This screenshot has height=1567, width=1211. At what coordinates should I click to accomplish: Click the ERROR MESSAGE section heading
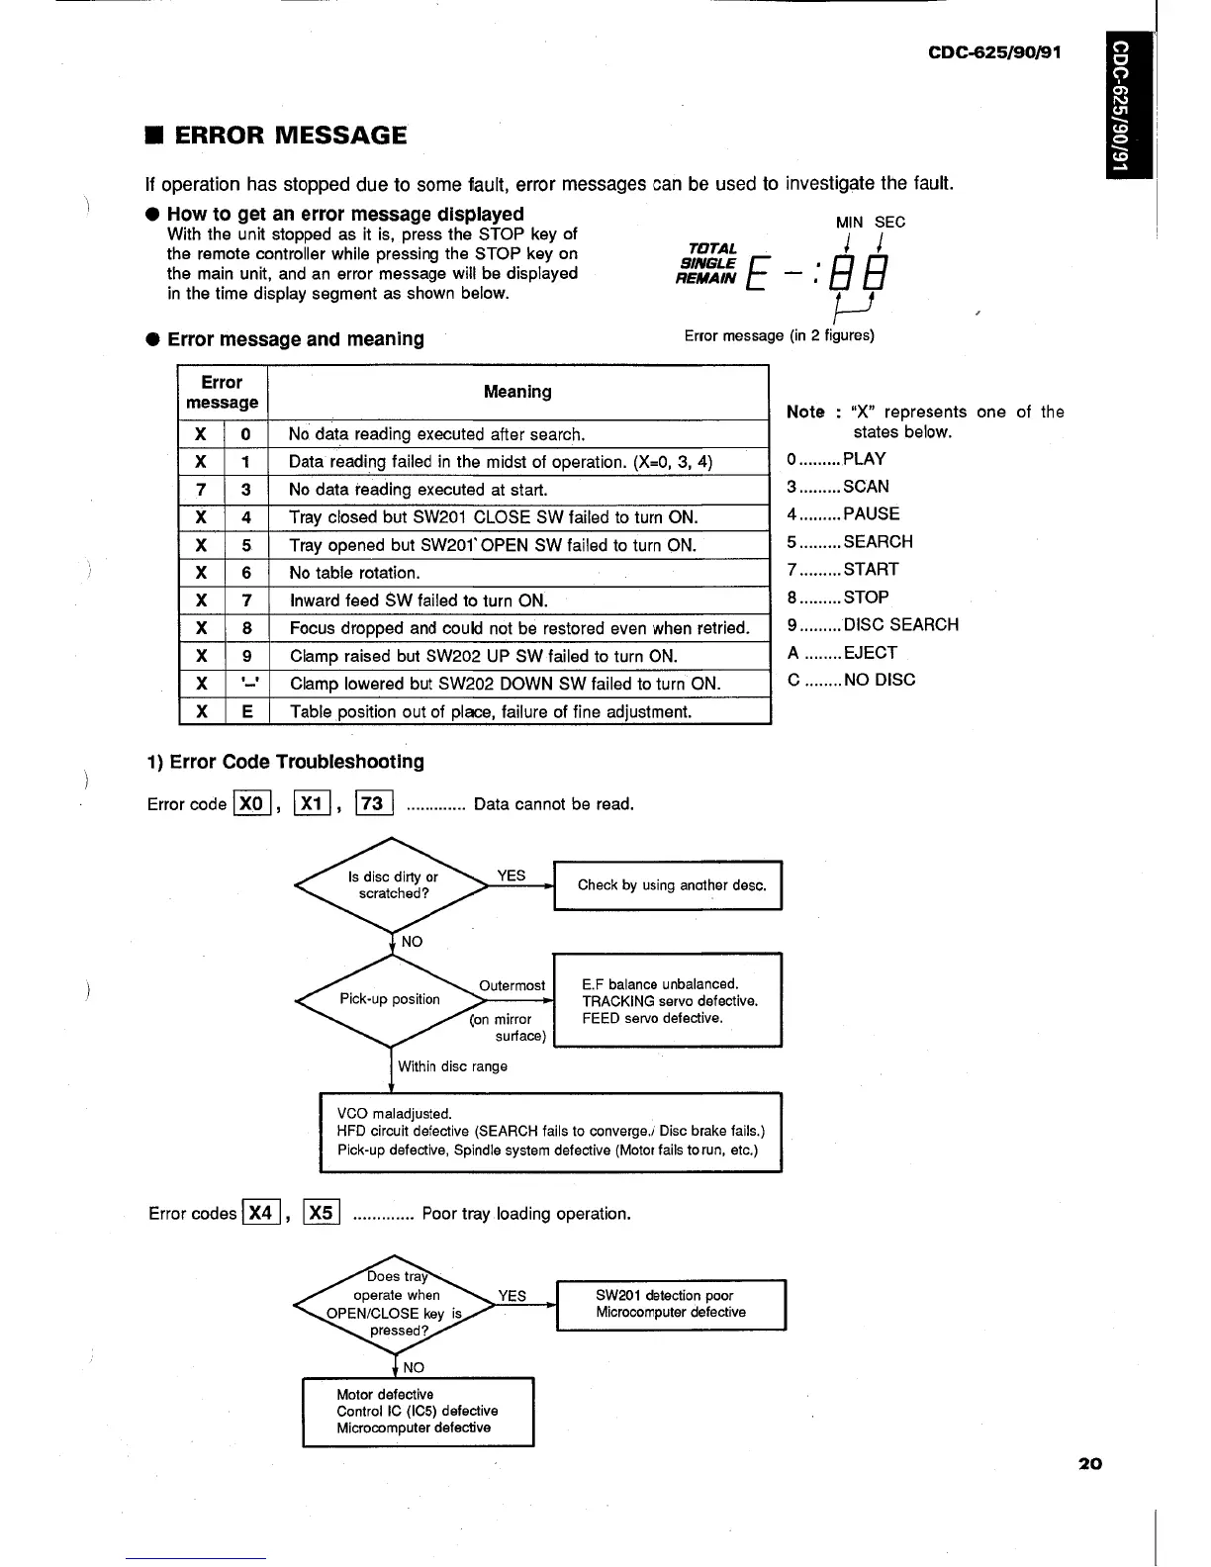tap(290, 136)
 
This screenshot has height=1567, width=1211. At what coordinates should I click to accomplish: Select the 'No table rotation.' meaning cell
tap(354, 573)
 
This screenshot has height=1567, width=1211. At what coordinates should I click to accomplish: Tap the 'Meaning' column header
tap(517, 392)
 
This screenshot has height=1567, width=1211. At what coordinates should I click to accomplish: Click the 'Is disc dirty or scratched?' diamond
tap(393, 884)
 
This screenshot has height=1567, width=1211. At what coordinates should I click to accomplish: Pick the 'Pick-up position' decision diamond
tap(391, 999)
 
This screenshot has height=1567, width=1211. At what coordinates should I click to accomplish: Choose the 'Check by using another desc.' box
tap(670, 885)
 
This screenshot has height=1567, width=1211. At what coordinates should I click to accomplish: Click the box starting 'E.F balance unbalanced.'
tap(667, 1000)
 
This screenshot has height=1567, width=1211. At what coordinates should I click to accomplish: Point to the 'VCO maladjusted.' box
tap(550, 1132)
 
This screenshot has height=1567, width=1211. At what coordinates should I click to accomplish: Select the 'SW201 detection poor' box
tap(671, 1304)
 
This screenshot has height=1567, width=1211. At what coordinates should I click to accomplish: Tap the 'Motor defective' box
tap(417, 1411)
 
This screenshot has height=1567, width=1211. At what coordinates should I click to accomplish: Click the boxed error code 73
tap(373, 803)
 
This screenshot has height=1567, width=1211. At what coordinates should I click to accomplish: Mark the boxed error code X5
tap(322, 1213)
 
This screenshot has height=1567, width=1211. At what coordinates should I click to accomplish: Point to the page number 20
tap(1090, 1463)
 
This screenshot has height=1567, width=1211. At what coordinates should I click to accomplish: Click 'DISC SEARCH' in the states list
tap(900, 625)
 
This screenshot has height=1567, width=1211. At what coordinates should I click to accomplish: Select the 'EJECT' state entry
tap(870, 653)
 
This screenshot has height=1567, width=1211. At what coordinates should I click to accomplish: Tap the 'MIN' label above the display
tap(849, 223)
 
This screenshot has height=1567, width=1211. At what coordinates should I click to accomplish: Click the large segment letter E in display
tap(761, 274)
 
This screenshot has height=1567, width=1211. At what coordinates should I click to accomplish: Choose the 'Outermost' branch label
tap(512, 985)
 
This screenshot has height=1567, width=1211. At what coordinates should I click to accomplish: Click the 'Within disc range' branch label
tap(452, 1066)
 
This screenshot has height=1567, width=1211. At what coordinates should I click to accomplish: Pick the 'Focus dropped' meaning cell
tap(518, 628)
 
